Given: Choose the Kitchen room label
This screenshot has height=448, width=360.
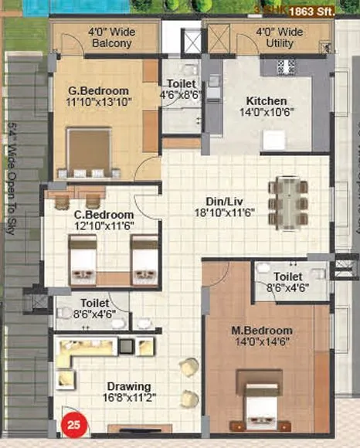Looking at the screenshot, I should click(267, 101).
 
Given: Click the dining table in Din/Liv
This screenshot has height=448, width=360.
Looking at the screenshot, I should click(288, 199).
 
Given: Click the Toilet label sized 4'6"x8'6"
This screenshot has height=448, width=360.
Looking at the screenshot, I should click(182, 84).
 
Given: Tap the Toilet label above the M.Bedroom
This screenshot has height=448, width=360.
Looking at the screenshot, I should click(287, 276).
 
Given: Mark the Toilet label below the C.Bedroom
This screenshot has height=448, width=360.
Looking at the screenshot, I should click(94, 304).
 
